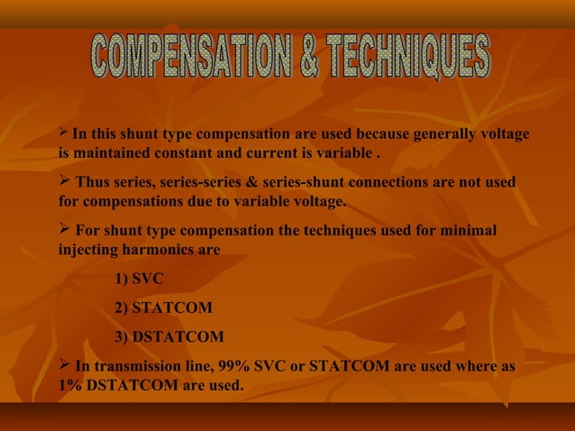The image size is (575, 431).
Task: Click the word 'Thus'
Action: click(x=93, y=183)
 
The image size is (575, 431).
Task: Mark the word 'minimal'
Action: click(x=468, y=231)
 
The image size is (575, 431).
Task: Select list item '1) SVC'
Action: click(x=140, y=280)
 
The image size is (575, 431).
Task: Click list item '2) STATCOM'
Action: click(x=164, y=308)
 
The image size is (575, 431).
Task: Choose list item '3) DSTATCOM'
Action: click(x=169, y=337)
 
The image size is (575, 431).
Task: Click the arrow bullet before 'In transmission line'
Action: click(x=64, y=365)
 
